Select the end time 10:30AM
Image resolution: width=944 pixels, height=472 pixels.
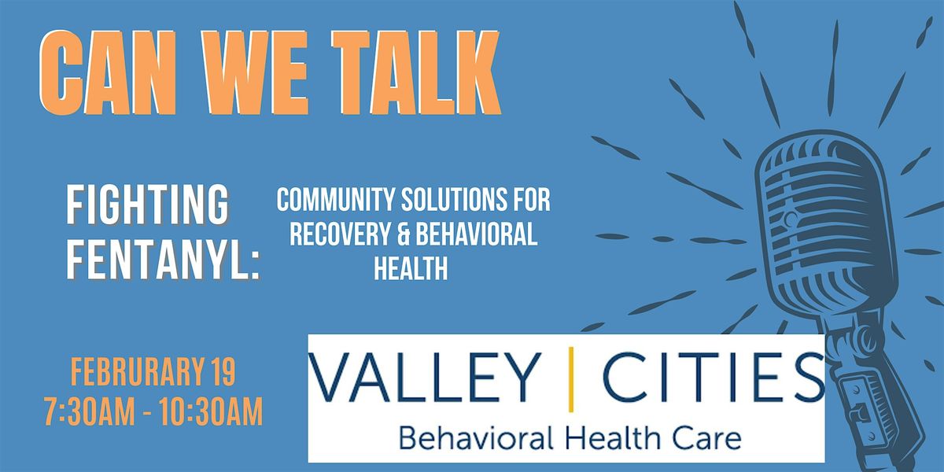point(212,412)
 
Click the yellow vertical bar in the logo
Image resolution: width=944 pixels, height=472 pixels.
point(570,378)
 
